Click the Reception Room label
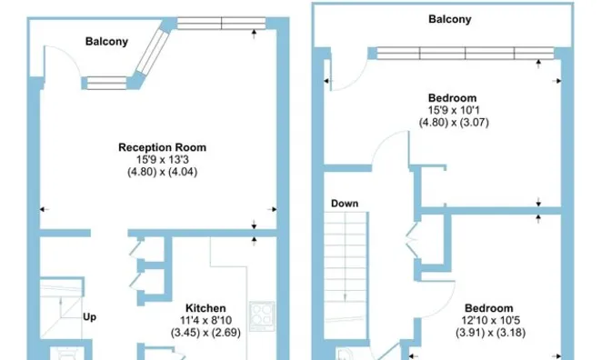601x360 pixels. (x=162, y=147)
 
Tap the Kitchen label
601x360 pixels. (x=205, y=308)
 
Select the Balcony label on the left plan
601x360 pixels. (x=106, y=42)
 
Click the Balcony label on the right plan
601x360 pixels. (x=449, y=19)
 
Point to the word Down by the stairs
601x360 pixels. (x=345, y=204)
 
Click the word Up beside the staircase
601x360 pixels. (x=89, y=317)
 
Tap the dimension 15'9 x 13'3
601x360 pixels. (x=163, y=159)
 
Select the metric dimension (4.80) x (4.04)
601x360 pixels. (x=163, y=172)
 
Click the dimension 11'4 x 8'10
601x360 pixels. (x=205, y=320)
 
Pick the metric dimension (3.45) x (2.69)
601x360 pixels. (x=205, y=333)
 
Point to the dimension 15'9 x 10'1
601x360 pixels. (x=454, y=110)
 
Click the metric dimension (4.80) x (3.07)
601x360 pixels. (x=454, y=123)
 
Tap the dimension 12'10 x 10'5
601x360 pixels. (x=490, y=320)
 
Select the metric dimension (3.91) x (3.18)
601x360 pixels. (x=490, y=333)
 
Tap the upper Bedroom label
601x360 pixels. (x=452, y=98)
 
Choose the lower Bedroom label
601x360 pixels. (x=488, y=308)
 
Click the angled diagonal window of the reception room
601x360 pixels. (x=153, y=52)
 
